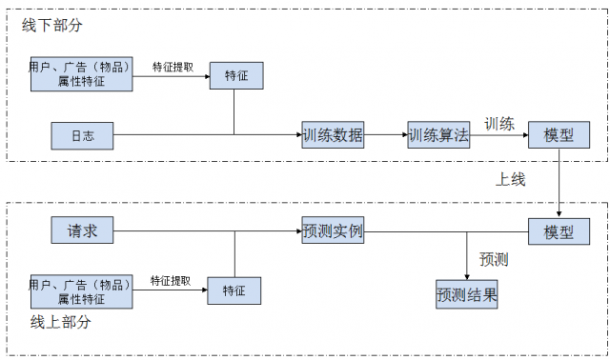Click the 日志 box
[82, 135]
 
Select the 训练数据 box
[333, 135]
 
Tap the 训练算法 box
[438, 135]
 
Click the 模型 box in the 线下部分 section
[559, 135]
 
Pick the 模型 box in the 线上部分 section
[559, 231]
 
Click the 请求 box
[82, 231]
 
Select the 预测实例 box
[333, 231]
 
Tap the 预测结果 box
[467, 294]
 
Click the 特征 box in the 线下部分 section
[235, 76]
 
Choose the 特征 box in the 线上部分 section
[234, 290]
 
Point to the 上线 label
[510, 178]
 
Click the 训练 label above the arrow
[499, 123]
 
